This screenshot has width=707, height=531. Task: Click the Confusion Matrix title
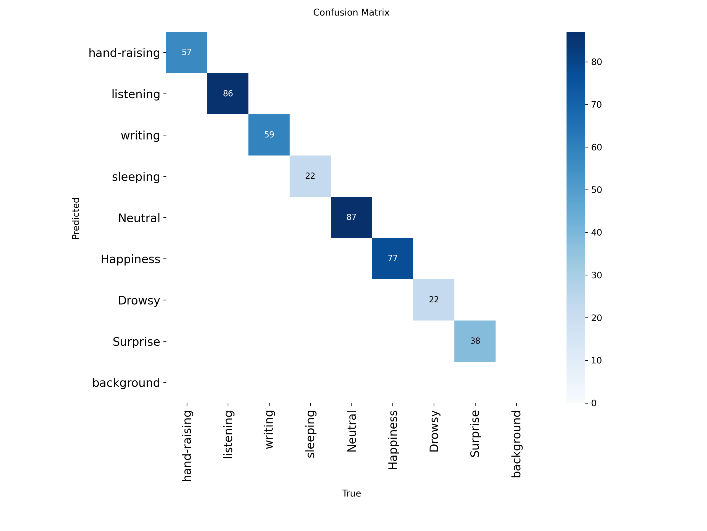[x=351, y=12]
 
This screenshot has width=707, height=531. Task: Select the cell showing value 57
[x=186, y=52]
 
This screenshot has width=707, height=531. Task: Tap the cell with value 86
[x=228, y=93]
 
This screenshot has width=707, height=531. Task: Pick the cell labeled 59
[x=269, y=135]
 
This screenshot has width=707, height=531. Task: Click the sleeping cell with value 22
[x=310, y=176]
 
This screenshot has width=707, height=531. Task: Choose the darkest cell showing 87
[x=351, y=217]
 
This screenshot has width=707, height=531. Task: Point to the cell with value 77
[x=392, y=258]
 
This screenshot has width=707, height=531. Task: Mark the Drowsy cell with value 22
[x=433, y=300]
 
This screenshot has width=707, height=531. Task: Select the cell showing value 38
[x=475, y=341]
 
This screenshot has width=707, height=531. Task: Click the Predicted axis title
[x=76, y=218]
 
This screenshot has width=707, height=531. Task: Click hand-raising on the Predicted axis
[x=124, y=53]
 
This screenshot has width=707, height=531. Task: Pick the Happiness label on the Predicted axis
[x=130, y=259]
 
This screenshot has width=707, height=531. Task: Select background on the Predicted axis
[x=126, y=383]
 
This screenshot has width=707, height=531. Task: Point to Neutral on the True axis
[x=352, y=431]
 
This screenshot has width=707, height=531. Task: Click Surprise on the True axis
[x=475, y=434]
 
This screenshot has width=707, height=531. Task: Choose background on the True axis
[x=516, y=444]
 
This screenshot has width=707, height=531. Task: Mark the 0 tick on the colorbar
[x=593, y=403]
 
